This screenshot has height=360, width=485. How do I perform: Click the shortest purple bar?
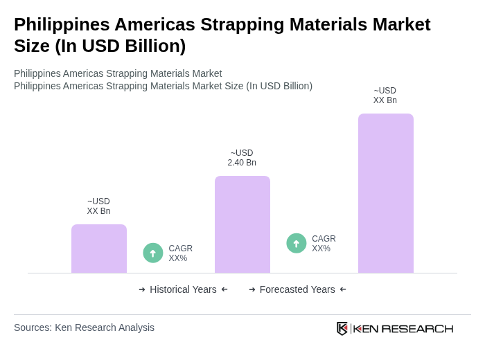tap(99, 249)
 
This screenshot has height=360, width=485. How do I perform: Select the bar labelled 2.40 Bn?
tap(242, 224)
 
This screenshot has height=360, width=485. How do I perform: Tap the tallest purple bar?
tap(386, 193)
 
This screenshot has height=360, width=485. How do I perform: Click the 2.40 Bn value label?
tap(242, 158)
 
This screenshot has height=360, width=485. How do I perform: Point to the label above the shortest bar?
tap(98, 206)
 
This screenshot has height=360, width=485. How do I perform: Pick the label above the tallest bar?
tap(385, 96)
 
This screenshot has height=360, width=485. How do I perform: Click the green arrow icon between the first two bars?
tap(153, 253)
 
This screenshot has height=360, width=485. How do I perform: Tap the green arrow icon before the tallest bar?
tap(297, 244)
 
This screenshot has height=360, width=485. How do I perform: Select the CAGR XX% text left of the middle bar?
tap(180, 253)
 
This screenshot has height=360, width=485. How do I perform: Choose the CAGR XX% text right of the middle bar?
tap(324, 244)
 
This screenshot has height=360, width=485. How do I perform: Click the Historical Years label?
tap(183, 289)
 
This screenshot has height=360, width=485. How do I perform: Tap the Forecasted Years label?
tap(297, 289)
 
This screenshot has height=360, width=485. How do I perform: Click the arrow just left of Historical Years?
tap(142, 289)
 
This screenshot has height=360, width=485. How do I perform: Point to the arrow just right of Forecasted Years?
tap(343, 289)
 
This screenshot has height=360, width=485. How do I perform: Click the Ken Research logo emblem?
tap(342, 328)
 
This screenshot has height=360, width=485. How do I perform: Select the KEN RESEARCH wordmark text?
tap(403, 329)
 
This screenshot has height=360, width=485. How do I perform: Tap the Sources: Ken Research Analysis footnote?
tap(84, 327)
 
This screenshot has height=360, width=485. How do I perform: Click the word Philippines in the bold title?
tap(61, 25)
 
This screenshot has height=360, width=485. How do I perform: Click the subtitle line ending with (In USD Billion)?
tap(163, 86)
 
